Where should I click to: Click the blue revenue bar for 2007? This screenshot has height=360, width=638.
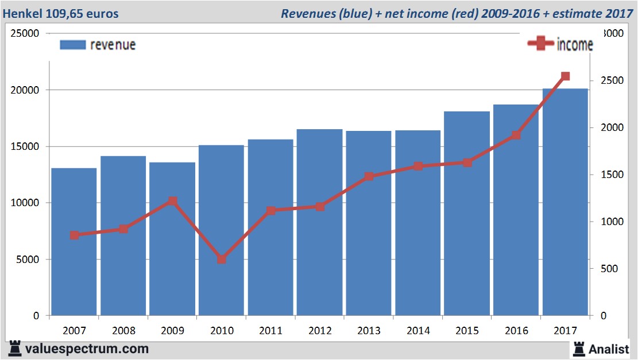pyautogui.click(x=74, y=241)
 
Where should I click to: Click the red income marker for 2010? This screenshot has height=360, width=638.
pyautogui.click(x=222, y=260)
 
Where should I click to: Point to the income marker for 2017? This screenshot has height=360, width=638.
pyautogui.click(x=565, y=76)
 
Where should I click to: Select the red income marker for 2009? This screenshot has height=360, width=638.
pyautogui.click(x=173, y=201)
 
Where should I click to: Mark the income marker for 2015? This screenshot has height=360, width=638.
pyautogui.click(x=467, y=162)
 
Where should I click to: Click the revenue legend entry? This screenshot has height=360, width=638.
pyautogui.click(x=98, y=45)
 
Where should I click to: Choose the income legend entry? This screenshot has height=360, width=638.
pyautogui.click(x=560, y=45)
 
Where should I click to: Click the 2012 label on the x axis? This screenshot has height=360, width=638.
pyautogui.click(x=320, y=331)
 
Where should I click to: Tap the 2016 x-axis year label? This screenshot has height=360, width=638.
pyautogui.click(x=516, y=331)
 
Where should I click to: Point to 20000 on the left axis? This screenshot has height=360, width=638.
pyautogui.click(x=26, y=90)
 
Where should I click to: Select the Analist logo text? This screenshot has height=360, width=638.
pyautogui.click(x=610, y=349)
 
